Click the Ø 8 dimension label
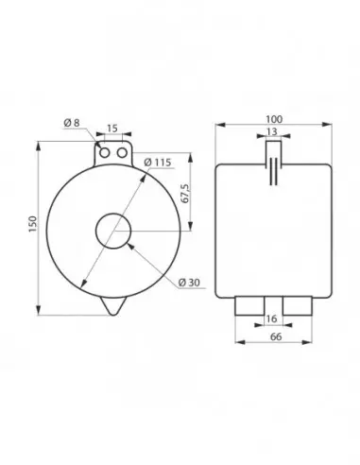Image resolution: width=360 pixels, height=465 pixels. click(72, 123)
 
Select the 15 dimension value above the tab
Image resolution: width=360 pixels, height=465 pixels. click(112, 129)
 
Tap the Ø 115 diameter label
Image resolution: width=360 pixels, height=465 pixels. click(158, 163)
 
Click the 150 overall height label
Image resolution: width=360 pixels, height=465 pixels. click(33, 224)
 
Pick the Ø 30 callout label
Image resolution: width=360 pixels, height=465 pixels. click(189, 283)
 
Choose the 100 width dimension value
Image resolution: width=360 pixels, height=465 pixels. click(274, 119)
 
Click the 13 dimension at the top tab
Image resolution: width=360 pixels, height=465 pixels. click(272, 131)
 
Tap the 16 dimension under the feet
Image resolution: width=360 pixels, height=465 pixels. click(271, 319)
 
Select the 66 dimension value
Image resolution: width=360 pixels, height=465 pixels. click(276, 336)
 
